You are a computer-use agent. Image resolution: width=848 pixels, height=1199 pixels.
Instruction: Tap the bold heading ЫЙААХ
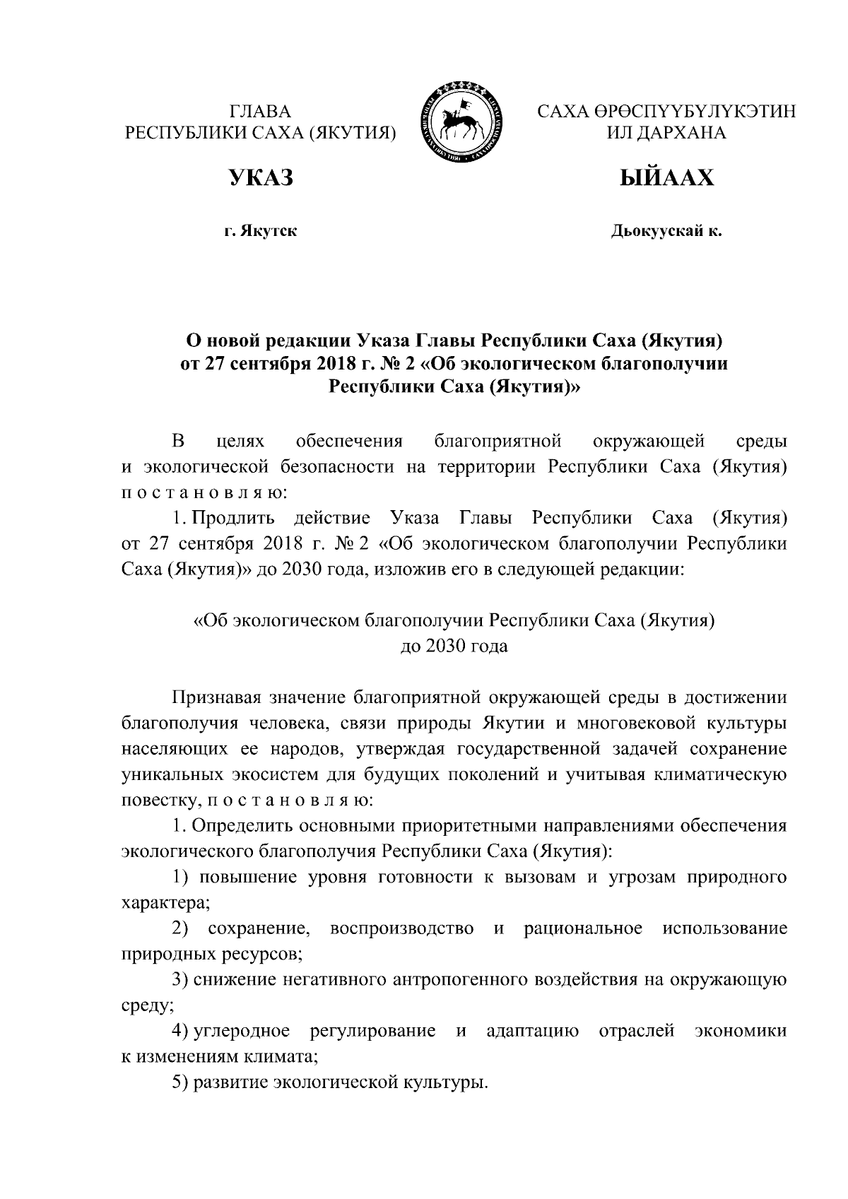[666, 177]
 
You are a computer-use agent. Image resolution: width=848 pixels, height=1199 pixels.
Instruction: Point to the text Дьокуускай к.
[666, 231]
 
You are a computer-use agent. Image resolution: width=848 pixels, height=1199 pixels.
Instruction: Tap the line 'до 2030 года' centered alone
[454, 646]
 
